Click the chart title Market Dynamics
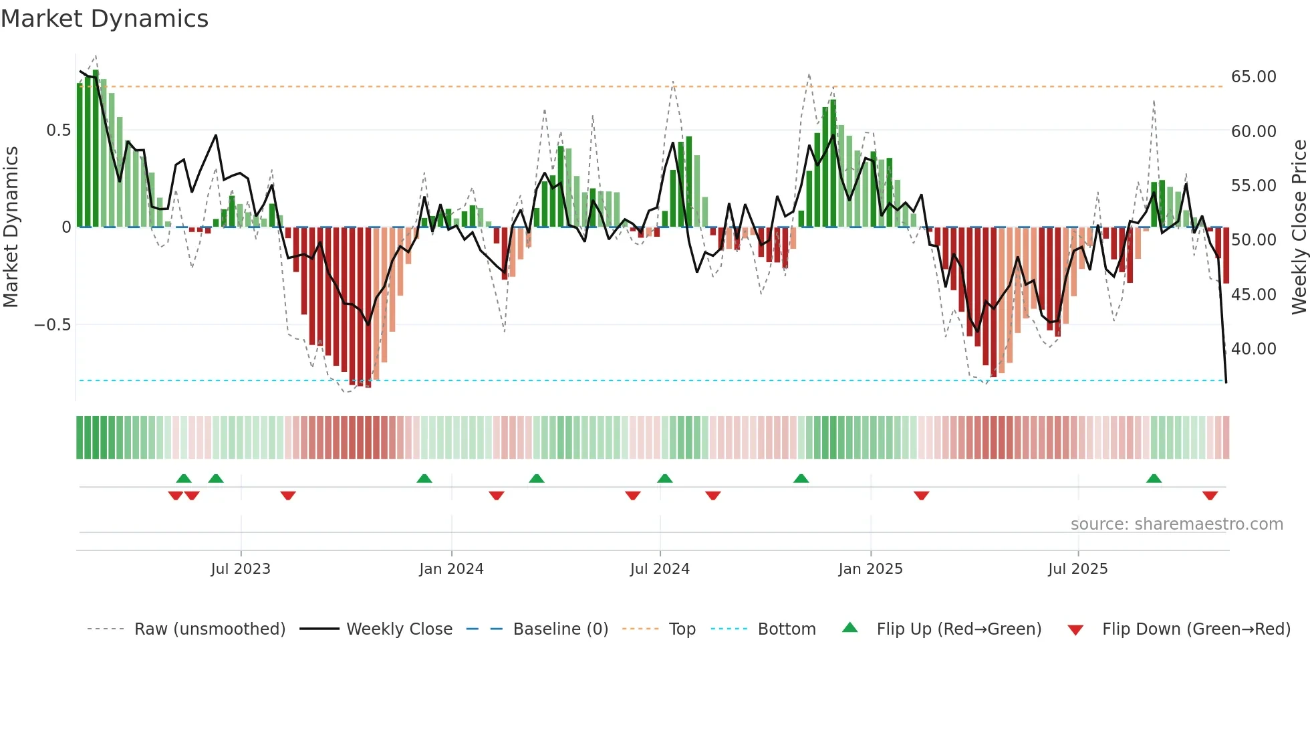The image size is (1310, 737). coord(104,19)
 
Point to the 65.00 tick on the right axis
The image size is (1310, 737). coord(1253,77)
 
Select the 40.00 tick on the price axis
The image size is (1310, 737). coord(1253,349)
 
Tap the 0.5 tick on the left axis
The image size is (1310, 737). coord(58,130)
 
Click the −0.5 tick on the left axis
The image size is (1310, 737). coord(53,325)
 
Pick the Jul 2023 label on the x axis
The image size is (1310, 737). coord(241,569)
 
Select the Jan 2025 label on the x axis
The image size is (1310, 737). coord(870,569)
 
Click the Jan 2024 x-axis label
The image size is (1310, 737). coord(451,569)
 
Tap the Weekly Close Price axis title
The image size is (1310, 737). coord(1299,227)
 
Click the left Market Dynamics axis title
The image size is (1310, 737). coord(11,227)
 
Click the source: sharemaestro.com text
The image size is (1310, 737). coord(1176,524)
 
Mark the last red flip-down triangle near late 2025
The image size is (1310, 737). coord(1210,496)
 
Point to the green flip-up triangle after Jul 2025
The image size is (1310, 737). coord(1154,478)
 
